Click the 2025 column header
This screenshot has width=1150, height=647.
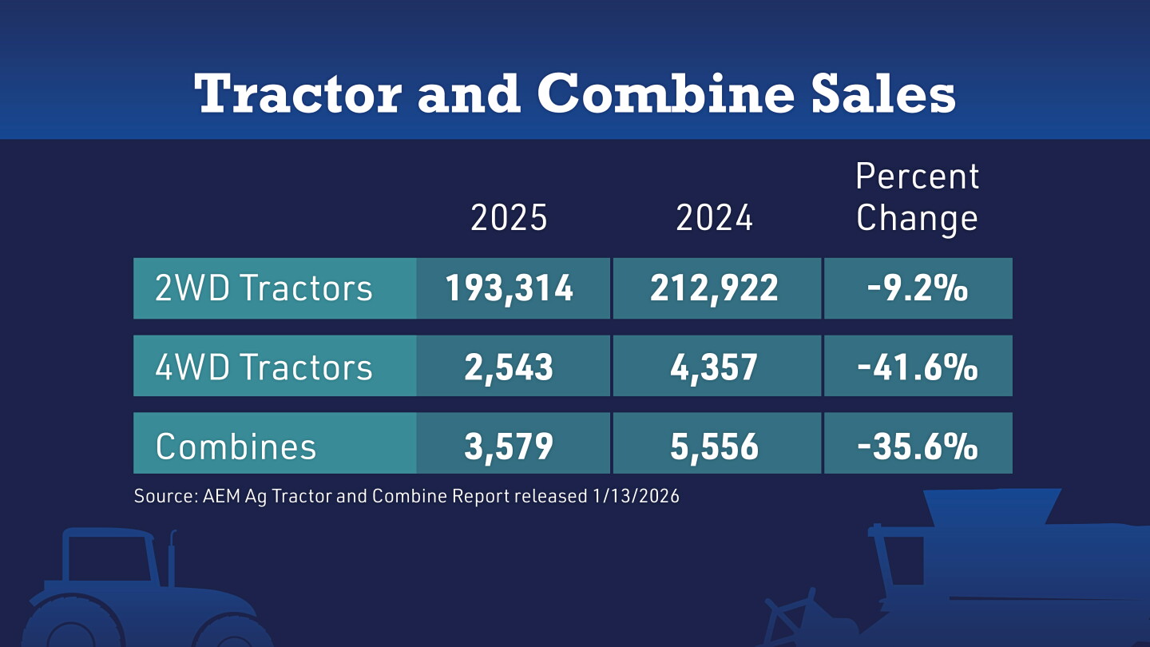[509, 217]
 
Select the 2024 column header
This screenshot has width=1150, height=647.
[714, 217]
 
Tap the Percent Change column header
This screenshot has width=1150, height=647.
[918, 198]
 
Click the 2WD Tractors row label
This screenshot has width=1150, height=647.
[264, 288]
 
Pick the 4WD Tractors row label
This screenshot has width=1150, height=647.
[264, 367]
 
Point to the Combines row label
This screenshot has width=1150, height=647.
[236, 446]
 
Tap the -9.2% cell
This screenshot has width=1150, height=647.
[918, 288]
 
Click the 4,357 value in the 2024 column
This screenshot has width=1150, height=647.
[714, 367]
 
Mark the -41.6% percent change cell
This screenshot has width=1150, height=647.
[918, 367]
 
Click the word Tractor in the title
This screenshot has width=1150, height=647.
[298, 93]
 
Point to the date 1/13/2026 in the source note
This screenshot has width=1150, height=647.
[636, 496]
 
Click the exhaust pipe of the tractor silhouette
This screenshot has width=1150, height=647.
[172, 558]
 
